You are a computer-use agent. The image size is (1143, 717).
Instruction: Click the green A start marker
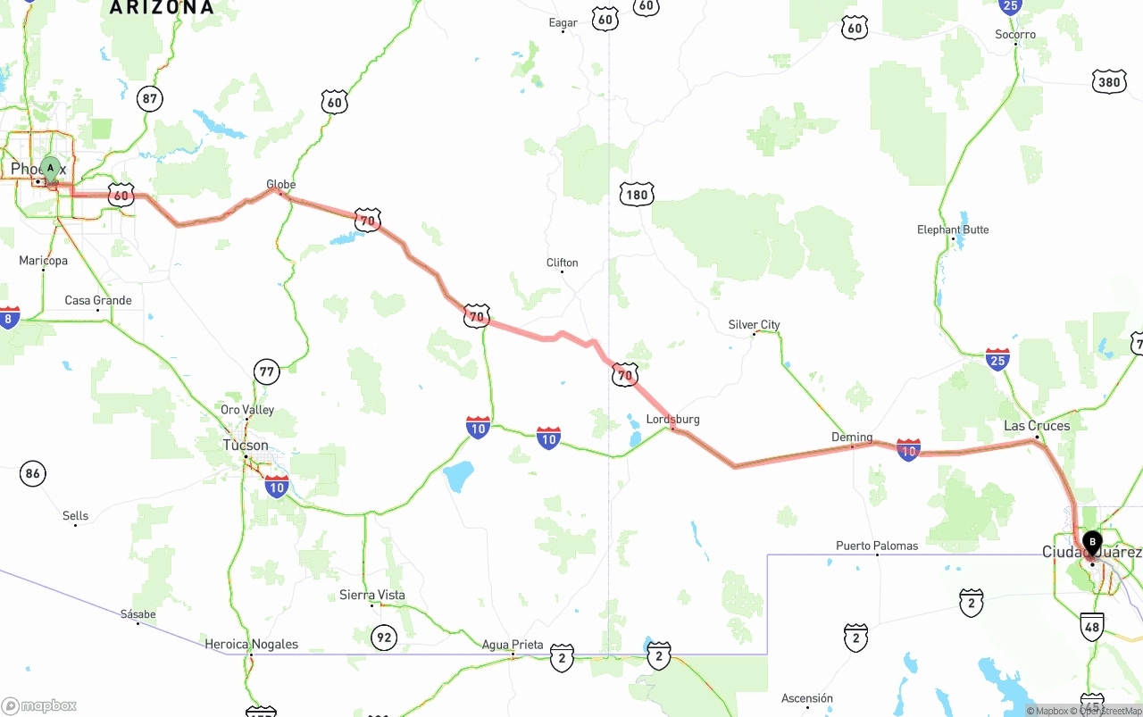click(51, 168)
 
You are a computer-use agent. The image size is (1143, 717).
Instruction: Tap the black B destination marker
click(1092, 541)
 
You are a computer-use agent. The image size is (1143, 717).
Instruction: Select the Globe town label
click(280, 185)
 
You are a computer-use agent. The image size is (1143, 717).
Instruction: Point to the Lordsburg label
click(672, 419)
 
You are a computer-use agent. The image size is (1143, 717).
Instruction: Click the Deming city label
click(852, 438)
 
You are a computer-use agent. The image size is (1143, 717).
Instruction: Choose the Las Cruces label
click(1037, 426)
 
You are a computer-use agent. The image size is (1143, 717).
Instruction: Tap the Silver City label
click(754, 325)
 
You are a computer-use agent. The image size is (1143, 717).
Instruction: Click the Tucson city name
click(246, 445)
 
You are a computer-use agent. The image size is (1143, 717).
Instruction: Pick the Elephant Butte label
click(953, 229)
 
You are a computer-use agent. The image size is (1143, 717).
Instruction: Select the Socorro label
click(1015, 35)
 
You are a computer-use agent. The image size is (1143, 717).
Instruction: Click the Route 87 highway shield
click(150, 99)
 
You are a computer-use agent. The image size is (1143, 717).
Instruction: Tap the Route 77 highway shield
click(266, 371)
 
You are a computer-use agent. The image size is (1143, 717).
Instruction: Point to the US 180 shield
click(636, 194)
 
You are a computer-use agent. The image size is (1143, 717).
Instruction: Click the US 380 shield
click(1108, 82)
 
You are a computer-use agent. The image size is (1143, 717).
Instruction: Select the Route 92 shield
click(383, 637)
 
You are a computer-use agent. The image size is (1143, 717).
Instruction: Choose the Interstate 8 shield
click(9, 317)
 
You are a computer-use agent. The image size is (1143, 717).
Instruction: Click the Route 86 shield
click(33, 473)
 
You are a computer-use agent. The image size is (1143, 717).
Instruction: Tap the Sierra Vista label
click(371, 595)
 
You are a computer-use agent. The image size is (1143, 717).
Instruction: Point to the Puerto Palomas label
click(876, 546)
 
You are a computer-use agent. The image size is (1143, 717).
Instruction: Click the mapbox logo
click(39, 705)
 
